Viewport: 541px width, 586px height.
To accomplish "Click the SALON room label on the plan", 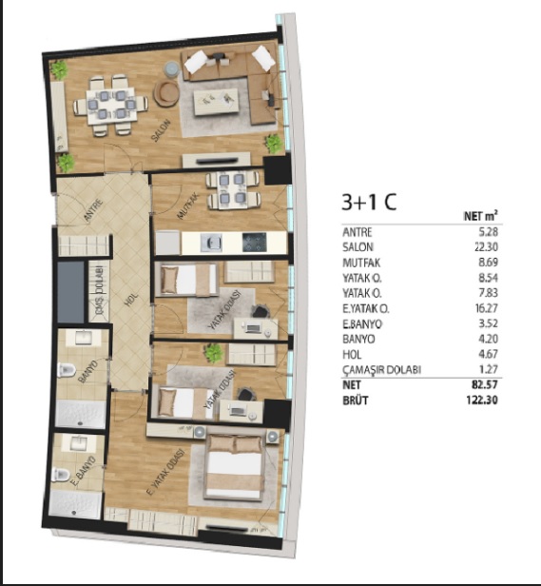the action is [161, 130].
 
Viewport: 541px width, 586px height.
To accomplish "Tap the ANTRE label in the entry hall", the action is [93, 211].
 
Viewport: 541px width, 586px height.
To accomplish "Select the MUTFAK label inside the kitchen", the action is [187, 205].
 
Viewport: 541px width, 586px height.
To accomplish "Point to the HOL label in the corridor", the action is [131, 300].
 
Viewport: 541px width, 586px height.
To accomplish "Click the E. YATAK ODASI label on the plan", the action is [165, 473].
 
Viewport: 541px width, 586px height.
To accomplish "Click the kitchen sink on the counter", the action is [211, 243].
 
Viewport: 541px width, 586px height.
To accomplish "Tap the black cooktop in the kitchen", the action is [255, 242].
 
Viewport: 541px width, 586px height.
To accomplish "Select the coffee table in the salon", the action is [216, 102].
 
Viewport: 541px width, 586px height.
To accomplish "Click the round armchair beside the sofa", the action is [166, 93].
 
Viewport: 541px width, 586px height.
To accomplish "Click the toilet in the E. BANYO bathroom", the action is [61, 475].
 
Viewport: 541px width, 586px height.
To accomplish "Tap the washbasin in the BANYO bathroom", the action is [84, 338].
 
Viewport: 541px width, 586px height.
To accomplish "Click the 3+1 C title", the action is [369, 202].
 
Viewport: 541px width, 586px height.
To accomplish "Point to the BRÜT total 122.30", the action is [482, 400].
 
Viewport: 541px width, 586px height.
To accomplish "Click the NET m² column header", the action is [481, 216].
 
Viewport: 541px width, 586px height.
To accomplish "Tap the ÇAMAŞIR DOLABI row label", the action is [382, 370].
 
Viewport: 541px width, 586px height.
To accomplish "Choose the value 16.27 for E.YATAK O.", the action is [487, 308].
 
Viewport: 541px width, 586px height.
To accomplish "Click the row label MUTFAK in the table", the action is [361, 263].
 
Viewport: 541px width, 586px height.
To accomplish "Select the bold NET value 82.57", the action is [485, 385].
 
